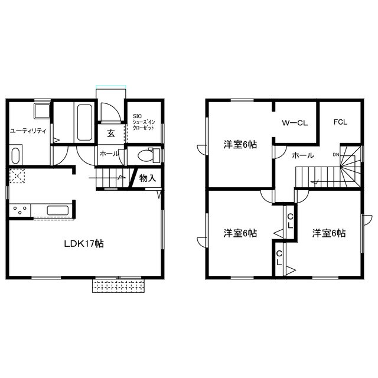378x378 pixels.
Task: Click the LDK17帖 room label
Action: (84, 244)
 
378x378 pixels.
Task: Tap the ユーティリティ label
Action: (28, 131)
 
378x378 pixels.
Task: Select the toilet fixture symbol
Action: (149, 155)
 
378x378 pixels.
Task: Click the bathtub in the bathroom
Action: (84, 122)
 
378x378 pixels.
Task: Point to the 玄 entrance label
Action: (111, 133)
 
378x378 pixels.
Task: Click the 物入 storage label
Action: (148, 178)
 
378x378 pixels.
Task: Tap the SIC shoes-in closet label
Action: (144, 122)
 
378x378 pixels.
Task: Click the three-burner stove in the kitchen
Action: (19, 210)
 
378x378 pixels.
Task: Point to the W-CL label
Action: (295, 123)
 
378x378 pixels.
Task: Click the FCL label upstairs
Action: (340, 122)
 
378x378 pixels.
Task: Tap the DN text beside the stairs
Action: (336, 155)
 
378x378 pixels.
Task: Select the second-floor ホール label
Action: (303, 155)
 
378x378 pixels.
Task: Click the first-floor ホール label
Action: (109, 154)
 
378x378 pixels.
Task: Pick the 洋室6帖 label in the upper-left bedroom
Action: (240, 145)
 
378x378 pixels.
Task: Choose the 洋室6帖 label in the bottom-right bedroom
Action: (329, 233)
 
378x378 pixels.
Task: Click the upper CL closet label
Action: (290, 221)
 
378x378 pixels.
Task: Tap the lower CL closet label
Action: (279, 258)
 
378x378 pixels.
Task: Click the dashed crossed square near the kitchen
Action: (17, 176)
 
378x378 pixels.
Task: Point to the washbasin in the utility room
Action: (42, 111)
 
